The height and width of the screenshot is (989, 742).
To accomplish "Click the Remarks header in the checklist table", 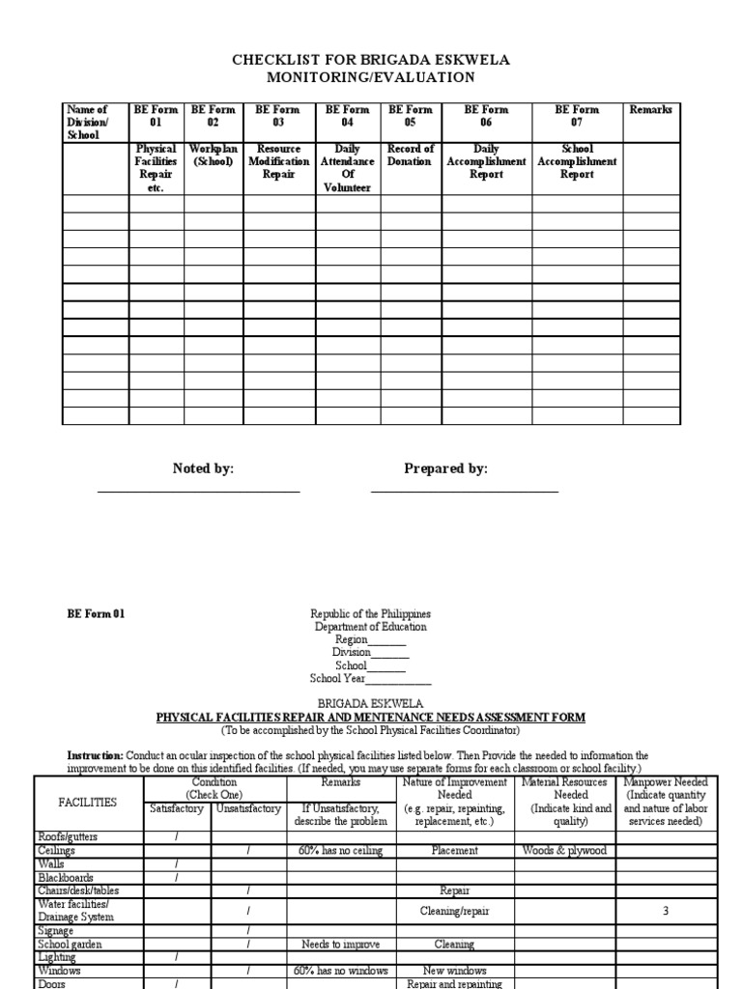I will (x=651, y=110).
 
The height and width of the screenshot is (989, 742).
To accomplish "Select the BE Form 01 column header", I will (x=157, y=116).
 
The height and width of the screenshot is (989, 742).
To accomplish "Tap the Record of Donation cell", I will (x=411, y=155).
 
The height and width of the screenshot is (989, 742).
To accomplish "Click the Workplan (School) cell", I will (x=213, y=155).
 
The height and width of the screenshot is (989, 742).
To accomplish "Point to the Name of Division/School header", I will (x=88, y=123).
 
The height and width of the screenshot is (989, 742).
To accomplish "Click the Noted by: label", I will (x=203, y=468).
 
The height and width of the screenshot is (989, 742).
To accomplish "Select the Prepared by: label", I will (x=445, y=468).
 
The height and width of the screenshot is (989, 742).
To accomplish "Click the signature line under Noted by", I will (x=198, y=492).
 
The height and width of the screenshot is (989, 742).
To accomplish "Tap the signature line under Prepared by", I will (x=465, y=492).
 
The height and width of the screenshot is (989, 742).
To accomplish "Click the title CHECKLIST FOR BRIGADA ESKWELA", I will (x=371, y=60).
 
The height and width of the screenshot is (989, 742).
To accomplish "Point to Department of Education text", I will (x=371, y=627).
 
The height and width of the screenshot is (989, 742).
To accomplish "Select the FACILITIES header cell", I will (x=88, y=802).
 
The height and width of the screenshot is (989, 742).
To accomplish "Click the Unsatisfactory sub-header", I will (x=248, y=808).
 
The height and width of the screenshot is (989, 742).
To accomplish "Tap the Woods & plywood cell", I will (x=564, y=850).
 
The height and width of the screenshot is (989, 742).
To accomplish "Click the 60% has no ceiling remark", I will (x=341, y=850).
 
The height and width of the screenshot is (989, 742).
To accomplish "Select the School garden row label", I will (x=70, y=944).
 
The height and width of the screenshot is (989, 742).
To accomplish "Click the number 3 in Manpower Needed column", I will (x=666, y=911).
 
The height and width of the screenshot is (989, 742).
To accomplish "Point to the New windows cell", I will (x=455, y=971).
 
